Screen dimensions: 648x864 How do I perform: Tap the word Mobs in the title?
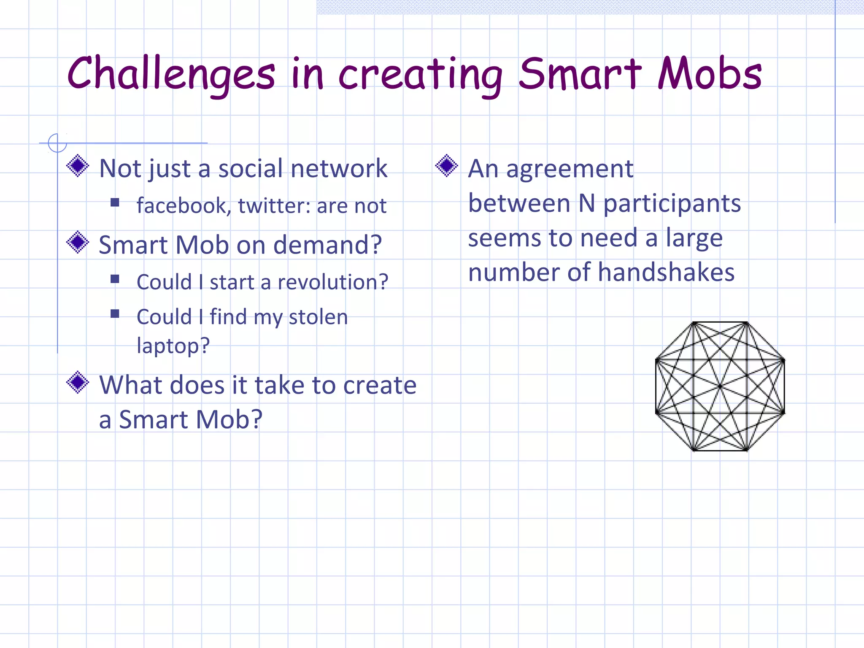tap(710, 74)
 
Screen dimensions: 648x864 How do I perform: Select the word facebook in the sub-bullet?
tap(183, 206)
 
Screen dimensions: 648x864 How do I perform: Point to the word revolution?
tap(333, 282)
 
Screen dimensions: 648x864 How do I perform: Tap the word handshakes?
tap(666, 272)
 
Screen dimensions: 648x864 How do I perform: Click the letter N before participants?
tap(586, 203)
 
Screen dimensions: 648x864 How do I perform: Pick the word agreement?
tap(570, 169)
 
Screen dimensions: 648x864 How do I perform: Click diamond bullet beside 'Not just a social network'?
tap(78, 166)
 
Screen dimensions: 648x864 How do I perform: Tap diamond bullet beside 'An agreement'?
tap(447, 166)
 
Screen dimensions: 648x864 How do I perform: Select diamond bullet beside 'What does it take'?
tap(78, 382)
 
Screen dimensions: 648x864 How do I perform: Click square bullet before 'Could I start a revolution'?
tap(115, 279)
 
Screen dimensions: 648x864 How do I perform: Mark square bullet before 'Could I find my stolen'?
tap(115, 314)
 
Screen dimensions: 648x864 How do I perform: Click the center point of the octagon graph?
tap(720, 386)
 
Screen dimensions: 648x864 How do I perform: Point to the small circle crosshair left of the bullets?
tap(57, 143)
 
